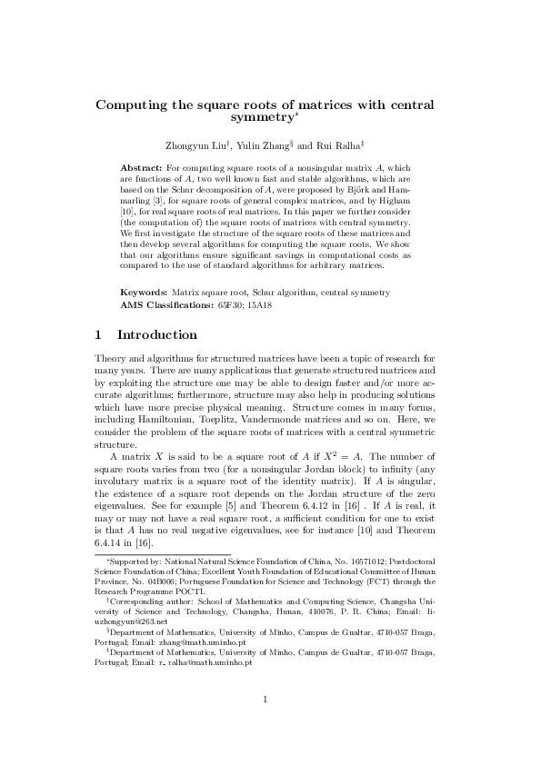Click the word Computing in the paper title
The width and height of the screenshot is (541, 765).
137,104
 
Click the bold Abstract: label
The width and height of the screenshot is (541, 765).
143,168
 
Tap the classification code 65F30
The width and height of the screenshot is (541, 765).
227,304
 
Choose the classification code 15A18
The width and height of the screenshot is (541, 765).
260,304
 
